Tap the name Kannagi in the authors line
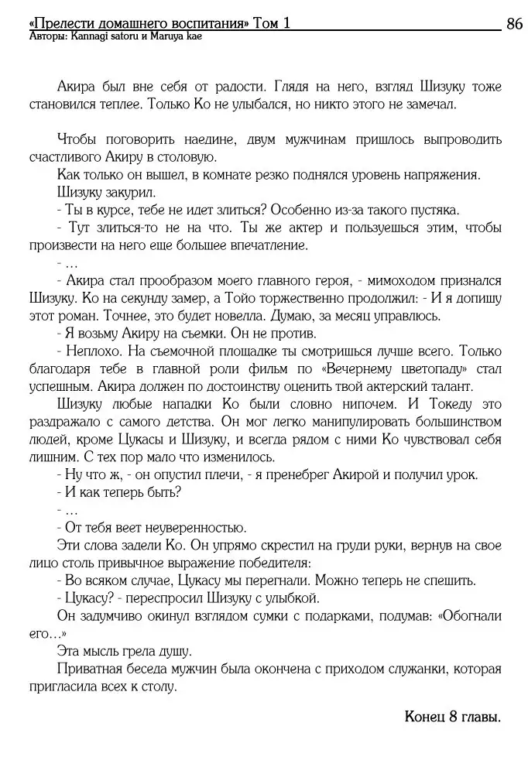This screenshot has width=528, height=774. tap(90, 36)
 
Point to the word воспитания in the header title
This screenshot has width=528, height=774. tap(209, 23)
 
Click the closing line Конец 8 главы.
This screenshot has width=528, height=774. tap(452, 717)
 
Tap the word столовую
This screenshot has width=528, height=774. tap(178, 157)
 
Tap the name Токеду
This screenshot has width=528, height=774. tap(452, 404)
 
